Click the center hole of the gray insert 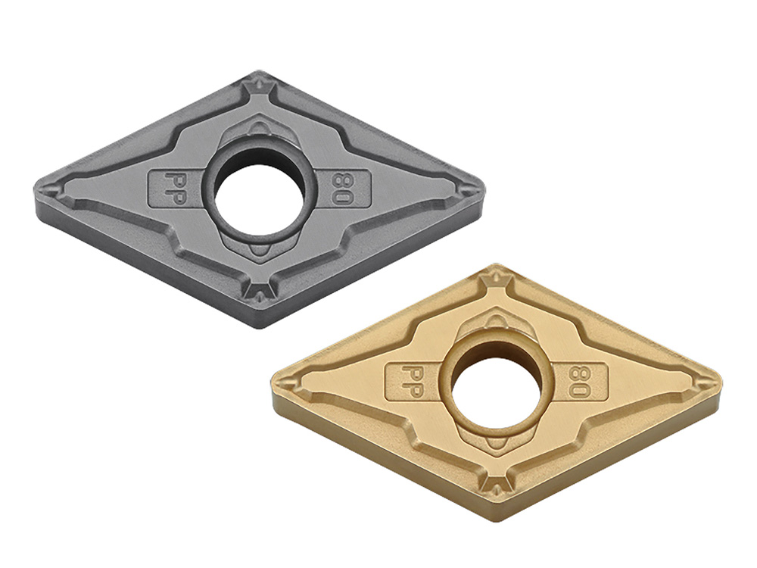[260, 195]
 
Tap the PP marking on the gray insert [172, 187]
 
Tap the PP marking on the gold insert [410, 382]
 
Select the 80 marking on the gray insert [339, 189]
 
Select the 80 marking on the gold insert [577, 382]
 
